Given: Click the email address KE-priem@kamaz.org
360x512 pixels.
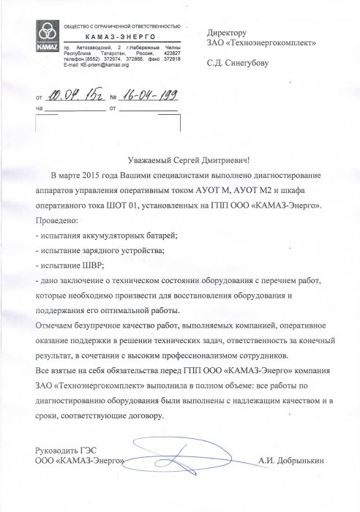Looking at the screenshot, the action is (93, 66).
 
